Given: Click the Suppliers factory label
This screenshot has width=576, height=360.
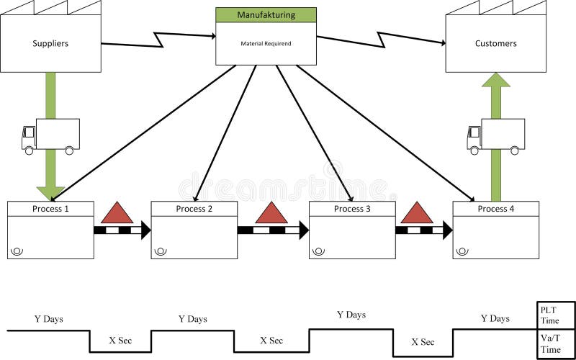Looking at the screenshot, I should click(50, 44).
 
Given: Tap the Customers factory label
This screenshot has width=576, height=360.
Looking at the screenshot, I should click(495, 44).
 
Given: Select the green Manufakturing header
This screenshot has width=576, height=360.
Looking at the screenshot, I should click(266, 14).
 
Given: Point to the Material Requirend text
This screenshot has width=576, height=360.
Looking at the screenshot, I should click(266, 43).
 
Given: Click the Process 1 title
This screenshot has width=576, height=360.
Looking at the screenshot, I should click(50, 209).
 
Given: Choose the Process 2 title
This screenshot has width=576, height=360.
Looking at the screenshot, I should click(194, 209).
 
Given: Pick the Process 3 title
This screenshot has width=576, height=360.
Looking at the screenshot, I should click(352, 209).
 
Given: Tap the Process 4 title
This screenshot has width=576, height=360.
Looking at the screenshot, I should click(495, 209).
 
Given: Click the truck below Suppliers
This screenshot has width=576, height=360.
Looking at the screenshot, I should click(50, 135).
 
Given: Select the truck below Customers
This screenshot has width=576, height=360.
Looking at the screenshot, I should click(495, 135).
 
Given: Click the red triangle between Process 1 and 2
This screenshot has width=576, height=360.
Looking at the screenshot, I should click(117, 213).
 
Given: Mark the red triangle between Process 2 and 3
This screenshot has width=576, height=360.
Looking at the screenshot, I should click(271, 213).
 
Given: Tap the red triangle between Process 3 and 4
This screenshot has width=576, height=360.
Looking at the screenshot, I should click(417, 213).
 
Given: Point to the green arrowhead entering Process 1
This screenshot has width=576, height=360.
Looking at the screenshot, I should click(50, 192).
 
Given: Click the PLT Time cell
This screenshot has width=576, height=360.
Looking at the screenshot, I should click(557, 315).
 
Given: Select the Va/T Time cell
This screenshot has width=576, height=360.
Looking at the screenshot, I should click(557, 343).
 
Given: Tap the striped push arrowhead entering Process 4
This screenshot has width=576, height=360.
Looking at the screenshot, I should click(447, 230).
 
